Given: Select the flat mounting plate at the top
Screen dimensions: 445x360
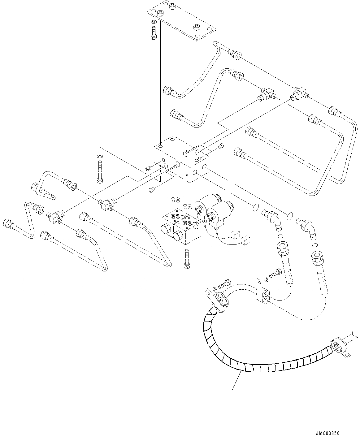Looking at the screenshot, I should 181,20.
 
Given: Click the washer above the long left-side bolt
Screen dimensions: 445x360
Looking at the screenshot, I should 98,156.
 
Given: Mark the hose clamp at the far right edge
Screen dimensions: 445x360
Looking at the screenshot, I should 339,348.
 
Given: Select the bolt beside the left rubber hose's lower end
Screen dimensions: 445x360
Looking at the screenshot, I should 275,274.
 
